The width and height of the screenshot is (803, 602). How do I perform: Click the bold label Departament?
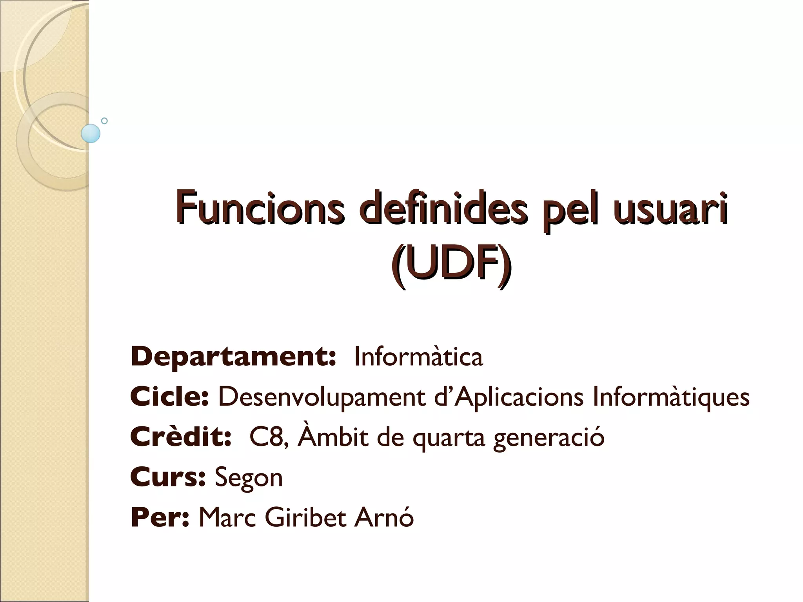(233, 357)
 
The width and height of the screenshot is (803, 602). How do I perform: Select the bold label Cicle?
(169, 397)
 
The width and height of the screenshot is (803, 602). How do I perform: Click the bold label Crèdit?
(181, 437)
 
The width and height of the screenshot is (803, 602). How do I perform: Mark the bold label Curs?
(168, 477)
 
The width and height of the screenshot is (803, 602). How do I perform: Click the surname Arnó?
(384, 517)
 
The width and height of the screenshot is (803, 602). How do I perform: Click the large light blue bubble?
(91, 133)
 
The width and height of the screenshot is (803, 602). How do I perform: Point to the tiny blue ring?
(104, 121)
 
